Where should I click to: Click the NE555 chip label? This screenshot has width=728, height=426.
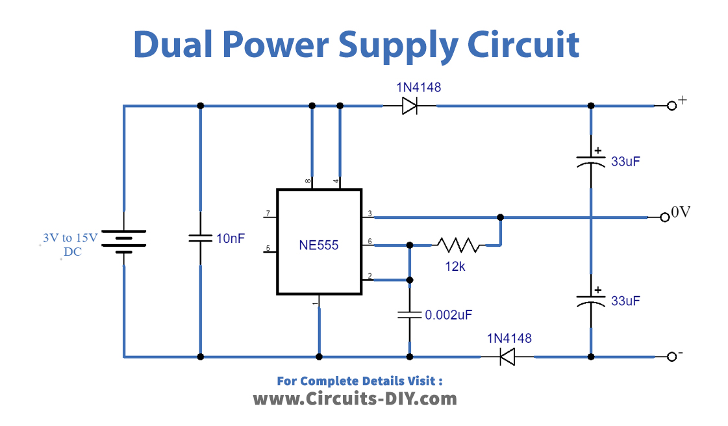pos(318,246)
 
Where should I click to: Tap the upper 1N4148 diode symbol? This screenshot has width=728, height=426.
pos(409,106)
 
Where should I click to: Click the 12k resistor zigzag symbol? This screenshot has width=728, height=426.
pos(458,245)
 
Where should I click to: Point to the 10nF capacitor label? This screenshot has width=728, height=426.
pos(230,238)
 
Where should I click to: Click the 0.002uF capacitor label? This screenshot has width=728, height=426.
pos(448,315)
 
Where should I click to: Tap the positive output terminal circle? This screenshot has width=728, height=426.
pos(672,106)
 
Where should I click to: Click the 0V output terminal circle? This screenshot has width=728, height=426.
pos(664,218)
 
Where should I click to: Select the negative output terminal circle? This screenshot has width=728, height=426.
pos(672,357)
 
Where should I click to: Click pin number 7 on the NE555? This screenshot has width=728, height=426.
pos(267,214)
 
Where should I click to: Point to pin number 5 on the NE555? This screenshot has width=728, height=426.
pos(267,247)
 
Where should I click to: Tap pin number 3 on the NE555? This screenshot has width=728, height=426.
pos(370,214)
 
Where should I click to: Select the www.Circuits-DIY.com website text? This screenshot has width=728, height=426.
pos(355,398)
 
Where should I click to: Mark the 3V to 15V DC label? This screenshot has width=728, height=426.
pos(69,245)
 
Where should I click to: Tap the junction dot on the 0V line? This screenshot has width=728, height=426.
pos(499,217)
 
